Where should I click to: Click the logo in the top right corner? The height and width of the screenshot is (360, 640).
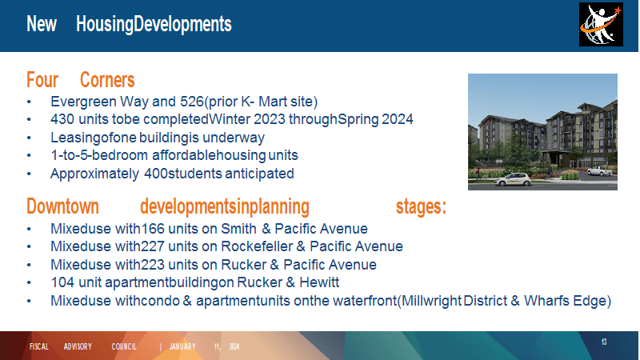pos(601,25)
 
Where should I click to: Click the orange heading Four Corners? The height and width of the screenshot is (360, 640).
pos(81,79)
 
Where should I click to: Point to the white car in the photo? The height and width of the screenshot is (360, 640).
pos(513,179)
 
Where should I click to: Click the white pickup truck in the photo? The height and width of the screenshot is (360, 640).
pos(599,171)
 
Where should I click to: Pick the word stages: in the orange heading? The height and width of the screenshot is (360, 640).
pos(421,206)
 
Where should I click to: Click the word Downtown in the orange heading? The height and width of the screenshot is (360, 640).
pos(63,206)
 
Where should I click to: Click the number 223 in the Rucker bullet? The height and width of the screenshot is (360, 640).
pos(153,265)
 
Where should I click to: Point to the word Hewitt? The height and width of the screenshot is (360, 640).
pos(319,282)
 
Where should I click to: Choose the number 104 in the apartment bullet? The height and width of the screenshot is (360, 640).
pos(62,282)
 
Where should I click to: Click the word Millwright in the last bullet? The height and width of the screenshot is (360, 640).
pos(432,301)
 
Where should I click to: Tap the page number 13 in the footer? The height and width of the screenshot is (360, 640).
pos(604,342)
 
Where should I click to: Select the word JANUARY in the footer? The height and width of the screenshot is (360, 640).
pos(182,346)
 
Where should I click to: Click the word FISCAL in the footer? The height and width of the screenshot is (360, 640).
pos(39,346)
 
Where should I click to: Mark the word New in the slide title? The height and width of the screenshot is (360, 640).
pos(42,24)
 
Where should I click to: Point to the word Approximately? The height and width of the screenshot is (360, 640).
pos(94,174)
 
